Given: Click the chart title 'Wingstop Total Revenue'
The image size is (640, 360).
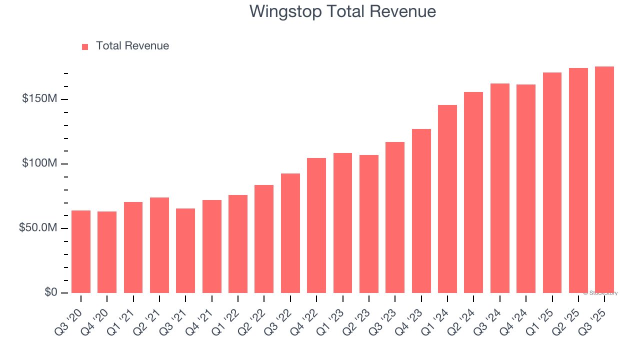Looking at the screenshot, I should [x=342, y=11].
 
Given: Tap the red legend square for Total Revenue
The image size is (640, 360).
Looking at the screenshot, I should [x=85, y=46].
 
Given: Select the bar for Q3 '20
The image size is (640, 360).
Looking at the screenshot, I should [x=81, y=251].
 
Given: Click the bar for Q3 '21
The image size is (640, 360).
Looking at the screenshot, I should [x=185, y=250].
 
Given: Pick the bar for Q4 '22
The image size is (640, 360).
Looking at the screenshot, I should [x=316, y=225].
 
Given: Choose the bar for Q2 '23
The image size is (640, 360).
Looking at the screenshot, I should [x=369, y=224].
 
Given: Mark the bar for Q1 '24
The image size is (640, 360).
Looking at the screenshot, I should [x=447, y=199].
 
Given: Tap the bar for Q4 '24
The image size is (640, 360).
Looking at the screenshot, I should [x=526, y=188].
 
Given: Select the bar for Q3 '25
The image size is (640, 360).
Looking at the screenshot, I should [x=604, y=179].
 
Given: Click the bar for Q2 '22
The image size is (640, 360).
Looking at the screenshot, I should [x=264, y=239].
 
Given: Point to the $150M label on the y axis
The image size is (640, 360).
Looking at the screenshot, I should [x=39, y=99].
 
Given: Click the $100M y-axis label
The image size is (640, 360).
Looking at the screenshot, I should [x=39, y=163].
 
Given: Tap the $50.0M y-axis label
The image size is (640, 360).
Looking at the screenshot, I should [x=38, y=228].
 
